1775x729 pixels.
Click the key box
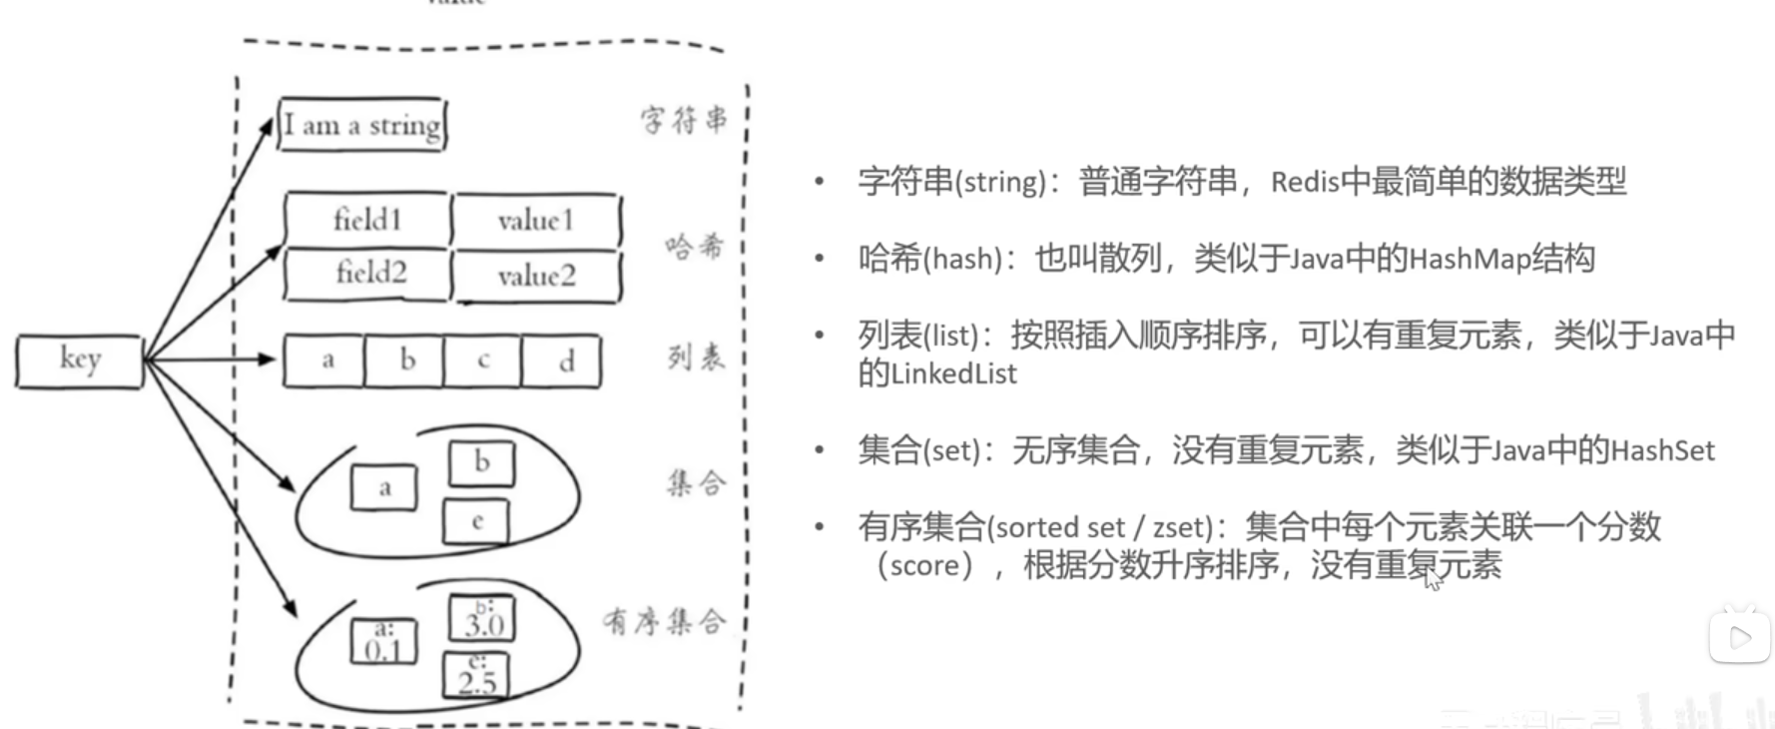[80, 361]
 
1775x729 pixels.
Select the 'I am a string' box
[361, 125]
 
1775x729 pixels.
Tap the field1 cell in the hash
[367, 220]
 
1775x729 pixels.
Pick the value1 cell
[536, 221]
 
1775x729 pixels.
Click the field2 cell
[369, 273]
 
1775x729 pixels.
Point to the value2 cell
[536, 276]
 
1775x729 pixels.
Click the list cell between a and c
[406, 361]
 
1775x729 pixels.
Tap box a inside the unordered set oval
[384, 488]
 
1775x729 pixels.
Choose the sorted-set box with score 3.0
[482, 619]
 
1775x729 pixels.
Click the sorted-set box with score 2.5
[476, 676]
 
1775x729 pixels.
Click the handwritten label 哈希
[694, 246]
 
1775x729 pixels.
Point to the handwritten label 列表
[696, 357]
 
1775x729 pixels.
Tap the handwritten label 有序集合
[664, 622]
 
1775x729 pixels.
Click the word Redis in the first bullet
[1304, 182]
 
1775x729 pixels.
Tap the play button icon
[1739, 637]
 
